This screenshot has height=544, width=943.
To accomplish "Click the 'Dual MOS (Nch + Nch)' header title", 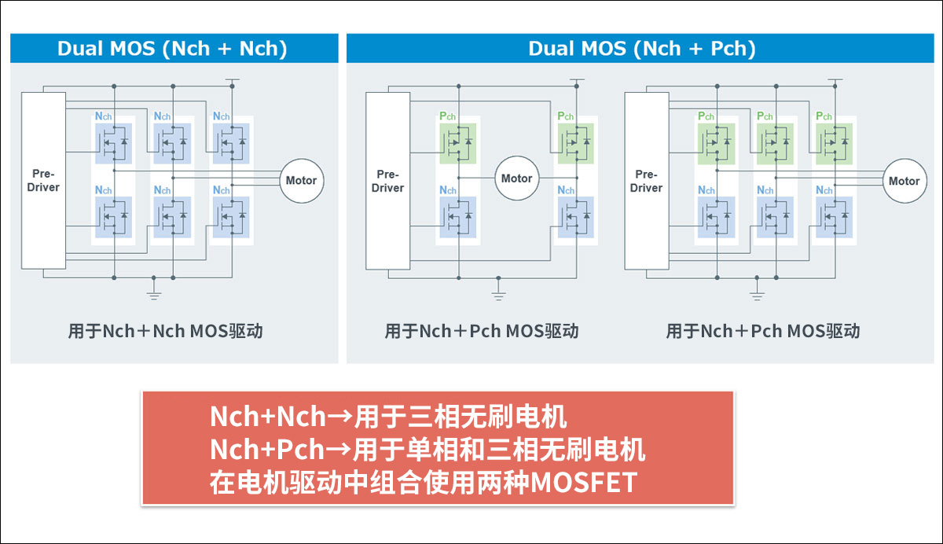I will [x=172, y=49].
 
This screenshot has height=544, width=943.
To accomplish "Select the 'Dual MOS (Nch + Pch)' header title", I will [x=641, y=49].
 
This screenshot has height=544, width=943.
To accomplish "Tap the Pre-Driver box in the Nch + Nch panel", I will [x=43, y=180].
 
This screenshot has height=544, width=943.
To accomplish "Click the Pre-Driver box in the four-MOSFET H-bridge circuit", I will [x=388, y=181].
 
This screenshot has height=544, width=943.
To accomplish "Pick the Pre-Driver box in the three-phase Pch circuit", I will [x=646, y=181].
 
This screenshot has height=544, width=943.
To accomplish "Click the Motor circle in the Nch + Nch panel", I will [x=301, y=180].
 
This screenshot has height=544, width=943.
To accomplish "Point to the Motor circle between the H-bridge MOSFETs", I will [x=516, y=178].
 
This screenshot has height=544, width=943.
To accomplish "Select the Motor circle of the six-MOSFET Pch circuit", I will [x=904, y=180].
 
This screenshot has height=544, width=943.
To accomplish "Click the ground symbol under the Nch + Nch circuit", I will [x=155, y=294].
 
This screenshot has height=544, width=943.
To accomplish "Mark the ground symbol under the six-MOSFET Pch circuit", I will [x=757, y=294].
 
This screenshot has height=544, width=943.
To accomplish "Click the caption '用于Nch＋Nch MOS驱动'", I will [x=165, y=331].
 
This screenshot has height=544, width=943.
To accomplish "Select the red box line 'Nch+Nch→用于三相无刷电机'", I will [x=388, y=416].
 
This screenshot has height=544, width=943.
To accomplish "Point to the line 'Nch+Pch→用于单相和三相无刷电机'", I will [x=427, y=450].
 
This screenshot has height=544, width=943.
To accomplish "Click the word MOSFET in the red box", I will [x=584, y=483].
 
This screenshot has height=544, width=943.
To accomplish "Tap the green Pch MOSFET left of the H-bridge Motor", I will [x=457, y=142].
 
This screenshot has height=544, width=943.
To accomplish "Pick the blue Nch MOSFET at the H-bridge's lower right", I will [x=576, y=215].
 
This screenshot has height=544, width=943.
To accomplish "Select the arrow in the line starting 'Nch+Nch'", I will [x=339, y=417].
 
